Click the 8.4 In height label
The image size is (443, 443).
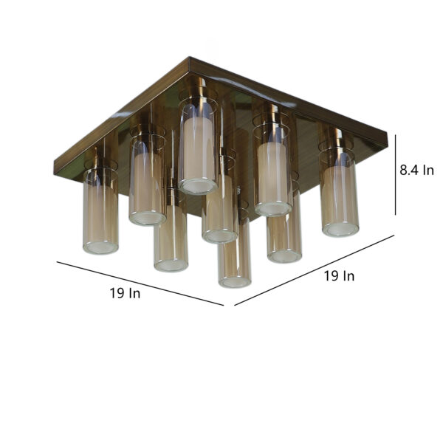pos(416,170)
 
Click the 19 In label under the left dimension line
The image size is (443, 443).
pos(125,293)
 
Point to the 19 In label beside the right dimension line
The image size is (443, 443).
pos(339,275)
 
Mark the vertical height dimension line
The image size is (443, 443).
pos(395,174)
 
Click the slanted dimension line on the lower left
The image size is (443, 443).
pos(140,284)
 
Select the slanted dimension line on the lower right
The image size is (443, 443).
pos(315,270)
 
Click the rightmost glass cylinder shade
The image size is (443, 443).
pos(339,192)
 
